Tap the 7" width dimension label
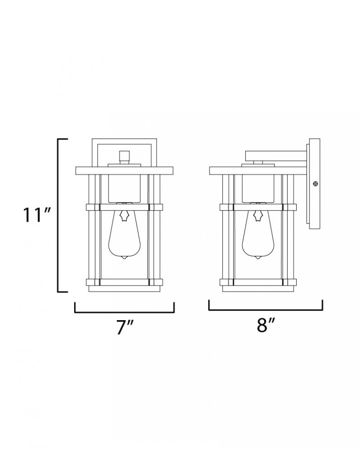[x=125, y=327]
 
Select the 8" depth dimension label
[x=266, y=325]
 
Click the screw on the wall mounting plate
[x=316, y=184]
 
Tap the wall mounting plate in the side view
[x=315, y=184]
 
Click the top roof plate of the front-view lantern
[x=124, y=171]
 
